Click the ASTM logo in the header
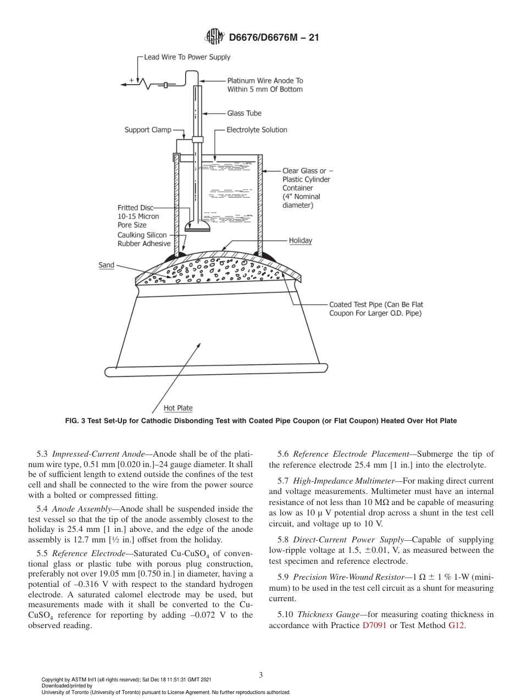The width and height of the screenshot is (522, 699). pyautogui.click(x=214, y=37)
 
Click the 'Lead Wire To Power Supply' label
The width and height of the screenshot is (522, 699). pyautogui.click(x=187, y=57)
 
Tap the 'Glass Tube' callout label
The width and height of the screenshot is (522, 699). pyautogui.click(x=245, y=113)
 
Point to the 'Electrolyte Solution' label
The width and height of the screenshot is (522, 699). pyautogui.click(x=257, y=130)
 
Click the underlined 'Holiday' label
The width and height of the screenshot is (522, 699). pyautogui.click(x=301, y=241)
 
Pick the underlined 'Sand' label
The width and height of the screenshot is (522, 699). pyautogui.click(x=106, y=265)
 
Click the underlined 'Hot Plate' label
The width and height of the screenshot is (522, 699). pyautogui.click(x=178, y=408)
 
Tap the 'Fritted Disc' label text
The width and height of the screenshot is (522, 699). pyautogui.click(x=136, y=208)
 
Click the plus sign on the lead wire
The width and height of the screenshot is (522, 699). pyautogui.click(x=131, y=80)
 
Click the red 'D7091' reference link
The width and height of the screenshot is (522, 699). pyautogui.click(x=375, y=625)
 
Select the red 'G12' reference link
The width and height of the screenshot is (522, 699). pyautogui.click(x=457, y=625)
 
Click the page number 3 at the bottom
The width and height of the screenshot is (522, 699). pyautogui.click(x=260, y=675)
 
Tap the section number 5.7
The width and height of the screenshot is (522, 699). pyautogui.click(x=284, y=482)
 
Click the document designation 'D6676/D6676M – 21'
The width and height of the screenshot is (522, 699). pyautogui.click(x=274, y=37)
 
